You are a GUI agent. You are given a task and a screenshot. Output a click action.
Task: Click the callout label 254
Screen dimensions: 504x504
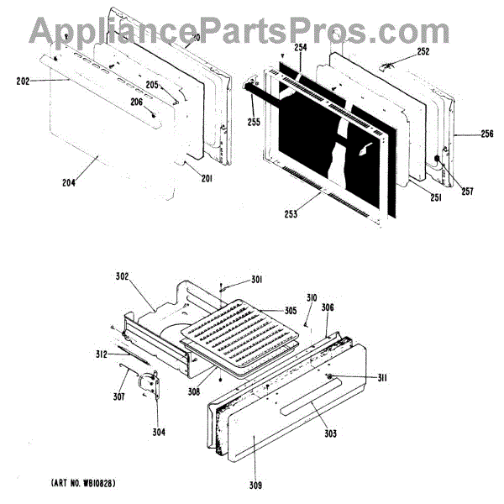point(300,49)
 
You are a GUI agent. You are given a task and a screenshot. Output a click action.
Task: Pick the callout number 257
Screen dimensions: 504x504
point(466,192)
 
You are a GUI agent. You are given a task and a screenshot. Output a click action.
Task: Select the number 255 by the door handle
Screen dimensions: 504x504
point(255,120)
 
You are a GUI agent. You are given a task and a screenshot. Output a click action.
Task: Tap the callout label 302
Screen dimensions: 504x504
point(123,274)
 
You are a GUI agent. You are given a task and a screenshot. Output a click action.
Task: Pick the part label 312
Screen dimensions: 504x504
point(101,354)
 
